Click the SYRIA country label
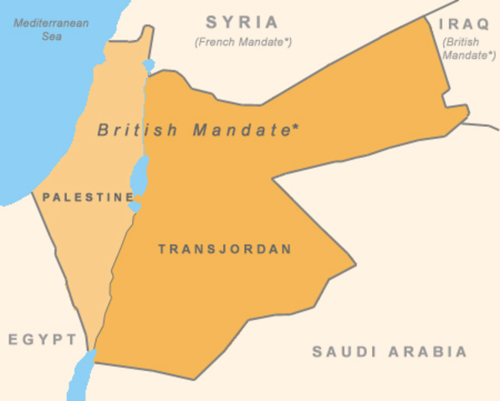(242, 22)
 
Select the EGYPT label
(43, 339)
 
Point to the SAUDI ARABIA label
(390, 352)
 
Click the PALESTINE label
(88, 198)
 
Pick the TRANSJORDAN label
(225, 249)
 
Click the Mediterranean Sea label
(52, 29)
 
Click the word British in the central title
(138, 130)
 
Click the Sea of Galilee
(149, 64)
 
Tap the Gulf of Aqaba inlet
(81, 373)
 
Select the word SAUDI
(341, 352)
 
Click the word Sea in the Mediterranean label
(51, 37)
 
